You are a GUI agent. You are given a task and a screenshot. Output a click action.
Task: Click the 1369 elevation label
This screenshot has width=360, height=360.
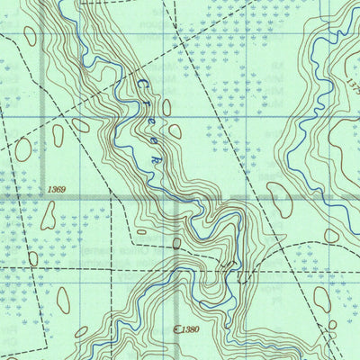point(56,190)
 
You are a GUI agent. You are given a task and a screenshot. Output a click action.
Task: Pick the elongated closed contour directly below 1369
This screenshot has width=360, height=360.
point(48,215)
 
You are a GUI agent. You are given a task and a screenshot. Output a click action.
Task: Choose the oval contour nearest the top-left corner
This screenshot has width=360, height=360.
point(31,36)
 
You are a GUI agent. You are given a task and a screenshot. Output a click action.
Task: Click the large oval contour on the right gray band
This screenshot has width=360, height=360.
point(280,198)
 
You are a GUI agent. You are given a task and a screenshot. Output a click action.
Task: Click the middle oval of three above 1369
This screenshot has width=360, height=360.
point(58,136)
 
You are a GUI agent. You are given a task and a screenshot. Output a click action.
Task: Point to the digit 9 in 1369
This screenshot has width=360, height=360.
point(64,190)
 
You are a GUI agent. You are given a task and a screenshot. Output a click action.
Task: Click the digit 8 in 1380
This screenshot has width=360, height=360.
point(192,330)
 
